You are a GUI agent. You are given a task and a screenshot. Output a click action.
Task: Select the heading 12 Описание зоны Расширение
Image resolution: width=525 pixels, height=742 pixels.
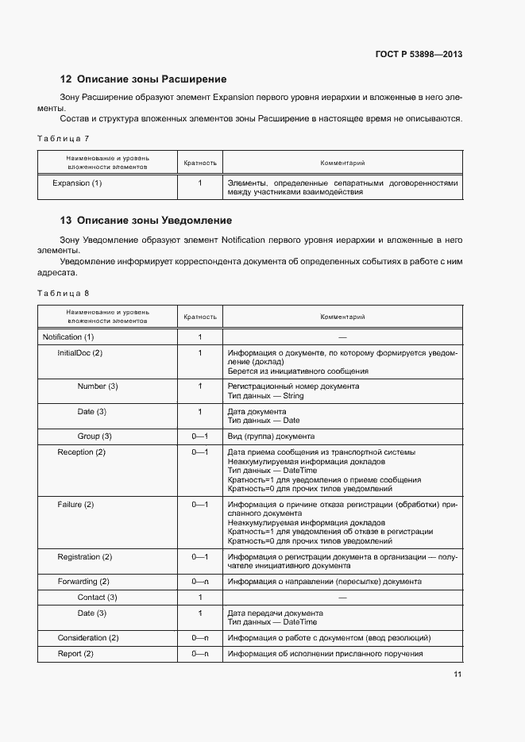coord(144,79)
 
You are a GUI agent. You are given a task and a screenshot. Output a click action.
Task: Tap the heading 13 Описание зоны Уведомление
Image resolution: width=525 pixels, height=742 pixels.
coord(146,220)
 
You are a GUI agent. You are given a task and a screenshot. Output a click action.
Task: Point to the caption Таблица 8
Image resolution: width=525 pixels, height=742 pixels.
coord(63,293)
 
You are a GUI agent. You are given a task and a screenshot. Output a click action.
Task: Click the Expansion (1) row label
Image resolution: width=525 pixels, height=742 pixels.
coord(77,183)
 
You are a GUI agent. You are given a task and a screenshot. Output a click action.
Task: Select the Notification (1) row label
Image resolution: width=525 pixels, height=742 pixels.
coord(68,337)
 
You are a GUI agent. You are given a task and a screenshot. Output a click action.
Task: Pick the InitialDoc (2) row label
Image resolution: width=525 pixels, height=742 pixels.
coord(80,353)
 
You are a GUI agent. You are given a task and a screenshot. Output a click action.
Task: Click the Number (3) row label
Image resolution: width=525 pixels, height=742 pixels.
coord(98,386)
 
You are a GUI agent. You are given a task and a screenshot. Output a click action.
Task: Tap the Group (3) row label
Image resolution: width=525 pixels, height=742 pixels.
coord(95,436)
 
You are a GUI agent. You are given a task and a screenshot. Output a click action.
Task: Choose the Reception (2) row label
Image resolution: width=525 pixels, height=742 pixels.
coord(81,452)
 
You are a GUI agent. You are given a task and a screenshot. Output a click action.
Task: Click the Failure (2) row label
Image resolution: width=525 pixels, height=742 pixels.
coord(75,505)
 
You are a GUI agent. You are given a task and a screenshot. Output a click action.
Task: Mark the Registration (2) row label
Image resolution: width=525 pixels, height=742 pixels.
coord(84,557)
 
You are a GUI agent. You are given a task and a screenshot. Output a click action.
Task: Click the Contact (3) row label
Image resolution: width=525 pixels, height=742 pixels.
coord(97,597)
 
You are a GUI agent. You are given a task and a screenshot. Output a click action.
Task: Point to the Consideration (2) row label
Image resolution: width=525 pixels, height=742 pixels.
coord(88,638)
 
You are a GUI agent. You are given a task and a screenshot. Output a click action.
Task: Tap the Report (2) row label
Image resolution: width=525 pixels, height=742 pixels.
coord(75,654)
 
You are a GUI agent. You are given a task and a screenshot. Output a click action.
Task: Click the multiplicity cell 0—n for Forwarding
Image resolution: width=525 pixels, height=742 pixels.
coord(200,582)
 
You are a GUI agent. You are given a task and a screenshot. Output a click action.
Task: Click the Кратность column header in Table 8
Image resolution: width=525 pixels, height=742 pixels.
coord(200,317)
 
